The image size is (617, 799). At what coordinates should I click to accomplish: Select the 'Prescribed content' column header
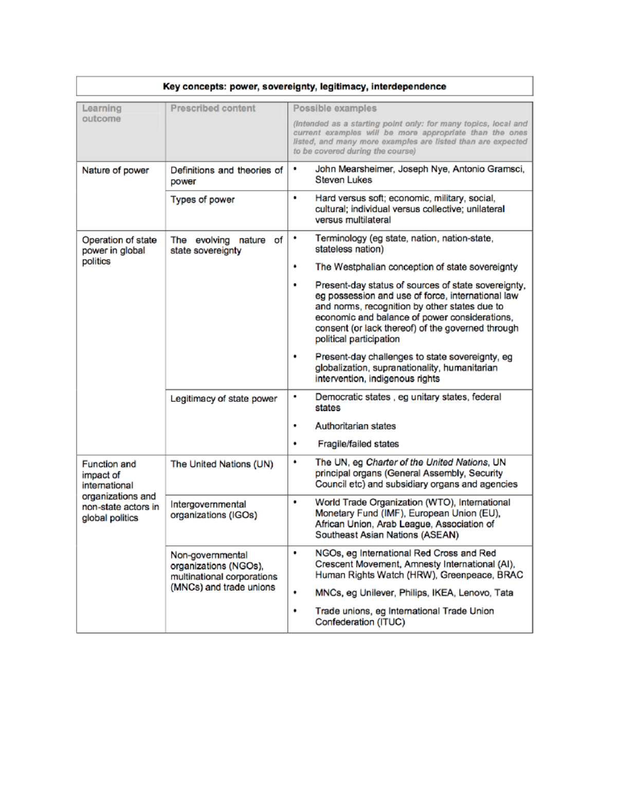click(212, 109)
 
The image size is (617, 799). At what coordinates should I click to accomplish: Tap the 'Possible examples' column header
click(334, 109)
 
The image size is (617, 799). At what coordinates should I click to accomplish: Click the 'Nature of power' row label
click(115, 170)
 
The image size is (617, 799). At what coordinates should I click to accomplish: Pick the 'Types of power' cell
click(202, 200)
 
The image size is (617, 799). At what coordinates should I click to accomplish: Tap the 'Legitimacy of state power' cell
click(223, 399)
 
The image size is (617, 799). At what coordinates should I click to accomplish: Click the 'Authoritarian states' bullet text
click(355, 426)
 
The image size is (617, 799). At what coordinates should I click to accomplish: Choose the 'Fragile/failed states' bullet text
click(358, 444)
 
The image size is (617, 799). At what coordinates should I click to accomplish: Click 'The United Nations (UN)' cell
click(222, 464)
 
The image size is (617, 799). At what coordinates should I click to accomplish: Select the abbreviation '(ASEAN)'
click(440, 535)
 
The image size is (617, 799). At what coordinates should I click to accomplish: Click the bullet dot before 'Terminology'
click(295, 238)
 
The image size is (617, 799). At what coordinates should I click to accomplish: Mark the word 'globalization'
click(341, 368)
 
